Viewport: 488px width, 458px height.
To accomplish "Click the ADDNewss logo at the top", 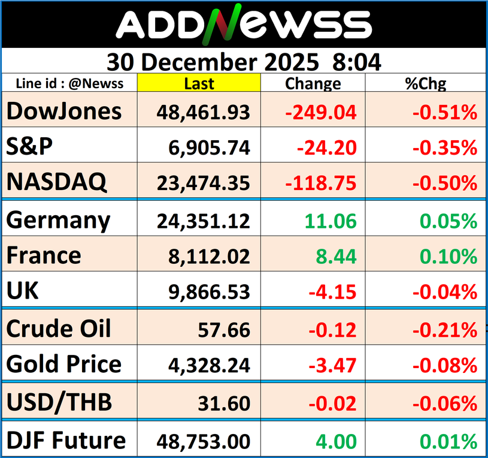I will pyautogui.click(x=244, y=25).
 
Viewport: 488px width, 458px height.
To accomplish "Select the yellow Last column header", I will pyautogui.click(x=199, y=83).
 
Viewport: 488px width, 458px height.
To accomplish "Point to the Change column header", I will pyautogui.click(x=313, y=83).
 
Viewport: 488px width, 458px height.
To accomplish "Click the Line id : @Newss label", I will pyautogui.click(x=69, y=83).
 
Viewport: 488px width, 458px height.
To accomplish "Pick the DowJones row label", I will pyautogui.click(x=64, y=111).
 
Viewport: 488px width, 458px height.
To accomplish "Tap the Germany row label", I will pyautogui.click(x=58, y=220).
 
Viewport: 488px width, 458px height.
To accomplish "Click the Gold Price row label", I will pyautogui.click(x=64, y=364).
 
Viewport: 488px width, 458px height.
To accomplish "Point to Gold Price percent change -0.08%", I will pyautogui.click(x=443, y=365).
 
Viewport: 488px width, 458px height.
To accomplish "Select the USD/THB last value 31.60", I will pyautogui.click(x=227, y=403).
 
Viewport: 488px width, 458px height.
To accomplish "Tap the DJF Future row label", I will pyautogui.click(x=66, y=441).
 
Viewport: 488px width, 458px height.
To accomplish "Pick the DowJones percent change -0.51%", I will pyautogui.click(x=443, y=112).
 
